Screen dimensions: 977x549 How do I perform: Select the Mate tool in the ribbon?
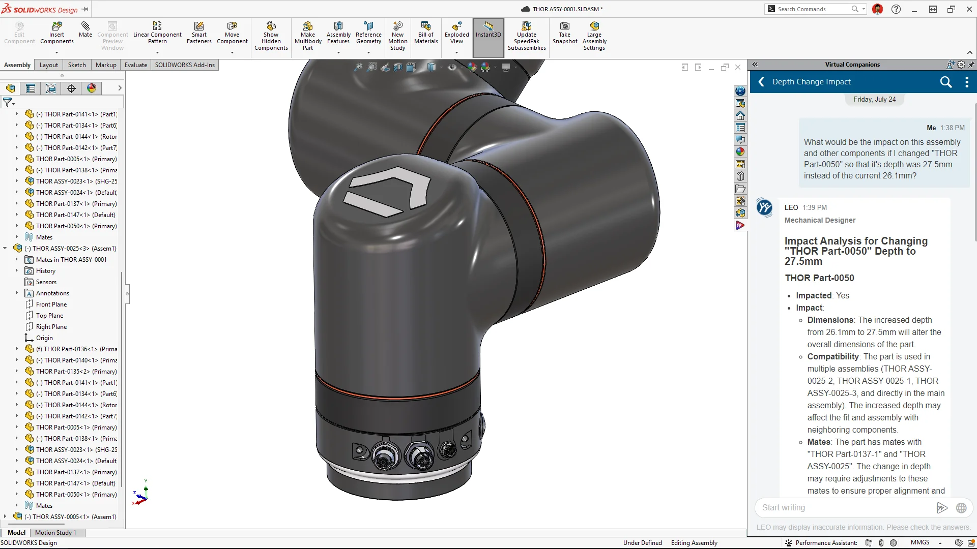coord(85,30)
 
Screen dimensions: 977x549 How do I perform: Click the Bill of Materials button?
coord(426,34)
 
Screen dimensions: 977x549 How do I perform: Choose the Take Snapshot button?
coord(565,34)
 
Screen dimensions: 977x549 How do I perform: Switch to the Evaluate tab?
coord(136,65)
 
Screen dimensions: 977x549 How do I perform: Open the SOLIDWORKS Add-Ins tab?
coord(185,65)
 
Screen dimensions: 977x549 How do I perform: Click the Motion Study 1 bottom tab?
coord(55,533)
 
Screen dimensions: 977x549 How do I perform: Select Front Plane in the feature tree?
coord(51,304)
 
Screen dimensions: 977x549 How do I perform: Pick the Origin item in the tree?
coord(44,338)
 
